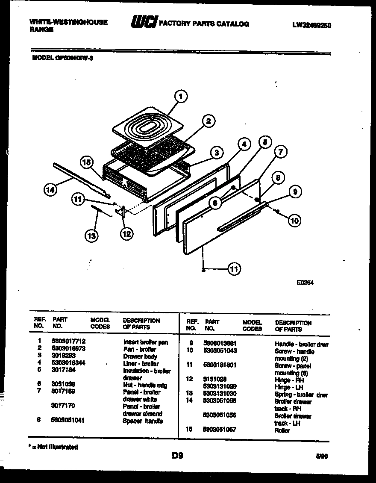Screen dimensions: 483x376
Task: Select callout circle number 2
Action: click(208, 121)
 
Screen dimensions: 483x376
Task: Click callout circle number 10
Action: click(294, 221)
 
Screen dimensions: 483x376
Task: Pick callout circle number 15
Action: click(87, 162)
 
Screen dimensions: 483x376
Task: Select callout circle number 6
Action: click(216, 203)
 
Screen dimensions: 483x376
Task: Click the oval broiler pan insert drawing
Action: click(145, 127)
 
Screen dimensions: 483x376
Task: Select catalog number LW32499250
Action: click(312, 25)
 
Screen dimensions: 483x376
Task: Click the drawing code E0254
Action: click(305, 282)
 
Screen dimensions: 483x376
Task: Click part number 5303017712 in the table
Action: click(69, 342)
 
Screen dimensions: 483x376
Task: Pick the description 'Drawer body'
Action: click(140, 356)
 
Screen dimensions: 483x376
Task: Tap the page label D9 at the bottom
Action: click(178, 456)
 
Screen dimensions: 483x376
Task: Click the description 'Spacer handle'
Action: click(143, 421)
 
